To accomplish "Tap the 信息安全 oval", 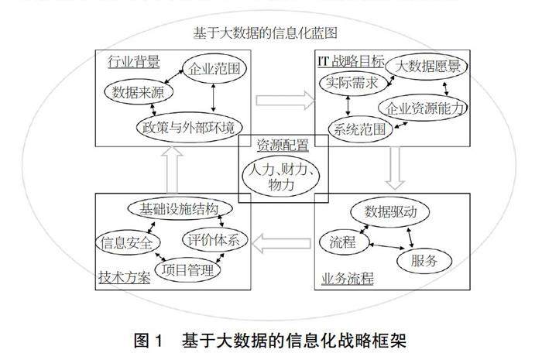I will (127, 242).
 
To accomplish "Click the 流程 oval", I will (341, 242).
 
